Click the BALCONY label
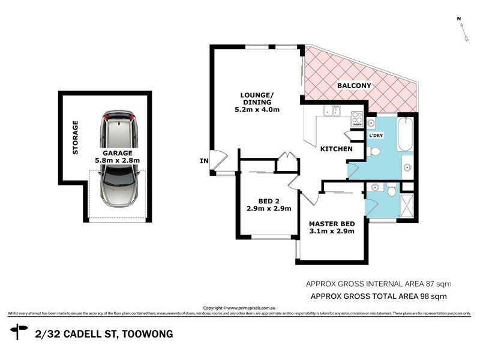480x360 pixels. tap(354, 86)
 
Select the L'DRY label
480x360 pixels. tap(376, 136)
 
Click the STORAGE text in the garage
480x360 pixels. tap(76, 138)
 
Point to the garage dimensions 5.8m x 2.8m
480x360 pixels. tap(117, 161)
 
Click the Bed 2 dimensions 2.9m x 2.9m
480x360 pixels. tap(268, 209)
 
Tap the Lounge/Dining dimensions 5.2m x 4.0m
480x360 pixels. tap(257, 110)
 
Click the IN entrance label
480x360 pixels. tap(204, 161)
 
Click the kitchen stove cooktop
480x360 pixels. tap(357, 117)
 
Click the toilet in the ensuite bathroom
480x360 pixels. tap(391, 191)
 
